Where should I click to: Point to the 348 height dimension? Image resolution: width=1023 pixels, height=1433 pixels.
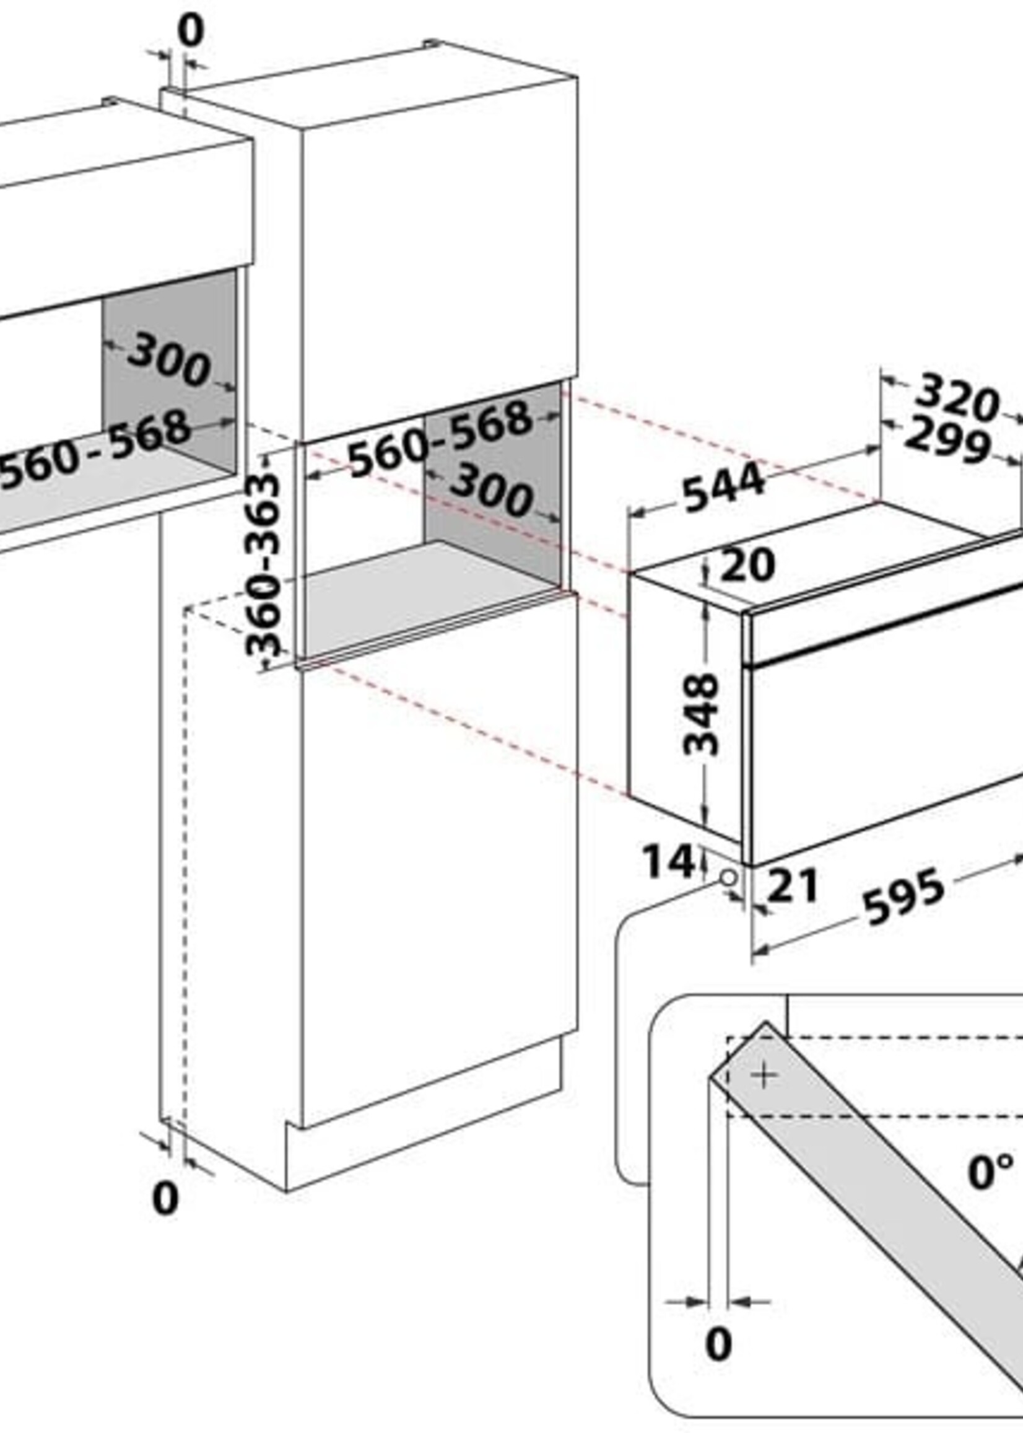pos(700,714)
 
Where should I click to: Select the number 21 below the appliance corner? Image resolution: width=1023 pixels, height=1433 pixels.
pos(793,885)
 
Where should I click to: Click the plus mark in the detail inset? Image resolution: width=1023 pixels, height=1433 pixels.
pos(764,1076)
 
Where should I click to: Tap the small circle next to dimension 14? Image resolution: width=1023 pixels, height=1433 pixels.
pos(728,877)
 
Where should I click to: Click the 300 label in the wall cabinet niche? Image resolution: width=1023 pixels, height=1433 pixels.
pos(168,360)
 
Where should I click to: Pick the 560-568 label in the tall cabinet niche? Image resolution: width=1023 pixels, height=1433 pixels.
pos(440,439)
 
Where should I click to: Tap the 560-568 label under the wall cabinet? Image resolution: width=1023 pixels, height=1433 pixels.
pos(95,448)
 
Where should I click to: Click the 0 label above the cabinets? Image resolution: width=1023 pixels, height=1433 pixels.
pos(191,31)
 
